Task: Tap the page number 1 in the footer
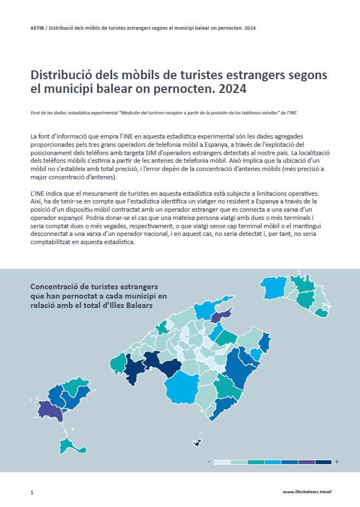pyautogui.click(x=32, y=492)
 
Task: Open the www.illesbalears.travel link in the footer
pyautogui.click(x=307, y=492)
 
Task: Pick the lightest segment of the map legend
pyautogui.click(x=221, y=461)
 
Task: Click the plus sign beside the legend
pyautogui.click(x=336, y=461)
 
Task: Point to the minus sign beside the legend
pyautogui.click(x=209, y=461)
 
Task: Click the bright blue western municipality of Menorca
pyautogui.click(x=272, y=286)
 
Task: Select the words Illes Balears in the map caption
pyautogui.click(x=132, y=305)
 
